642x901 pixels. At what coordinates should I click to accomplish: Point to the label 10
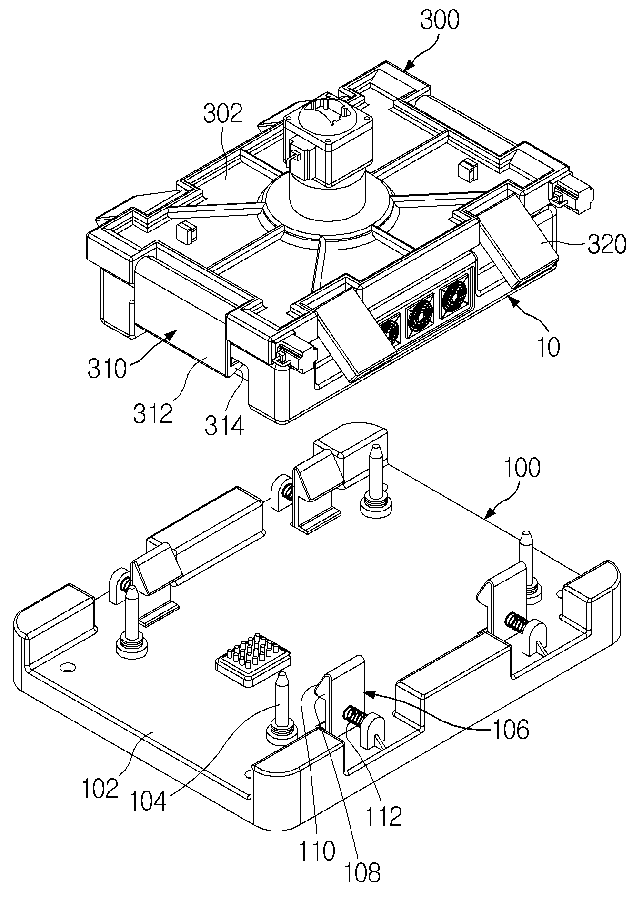point(549,349)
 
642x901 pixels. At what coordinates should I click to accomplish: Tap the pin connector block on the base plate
point(253,659)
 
